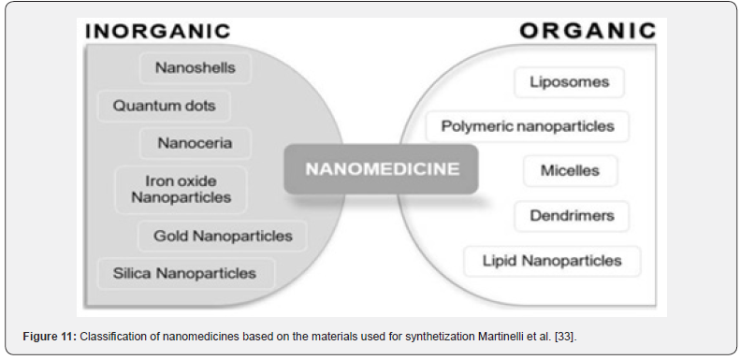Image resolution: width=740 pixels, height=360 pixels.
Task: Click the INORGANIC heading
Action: pos(157,31)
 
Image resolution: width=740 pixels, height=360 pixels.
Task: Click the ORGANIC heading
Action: pos(588,31)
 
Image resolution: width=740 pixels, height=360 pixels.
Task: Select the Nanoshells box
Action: pos(196,68)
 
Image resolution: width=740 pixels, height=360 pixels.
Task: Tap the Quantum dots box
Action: pos(164,106)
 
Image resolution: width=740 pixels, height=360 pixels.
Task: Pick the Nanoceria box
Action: pos(196,143)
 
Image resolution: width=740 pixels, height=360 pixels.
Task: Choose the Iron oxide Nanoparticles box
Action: pos(181,189)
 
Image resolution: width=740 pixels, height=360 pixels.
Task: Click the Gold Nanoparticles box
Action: pos(223,236)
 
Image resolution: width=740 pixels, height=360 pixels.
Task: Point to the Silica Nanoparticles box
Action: pos(185,273)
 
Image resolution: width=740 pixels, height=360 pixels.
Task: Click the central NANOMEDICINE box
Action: pos(382,169)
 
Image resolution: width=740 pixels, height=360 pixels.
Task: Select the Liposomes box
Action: pos(569,82)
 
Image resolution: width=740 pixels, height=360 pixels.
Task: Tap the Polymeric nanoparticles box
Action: pos(528,126)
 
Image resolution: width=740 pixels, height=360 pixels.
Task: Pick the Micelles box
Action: pos(570,171)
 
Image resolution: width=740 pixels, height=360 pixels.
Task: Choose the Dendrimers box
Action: pos(572,216)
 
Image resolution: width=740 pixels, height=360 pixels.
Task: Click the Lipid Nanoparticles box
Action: pos(552,261)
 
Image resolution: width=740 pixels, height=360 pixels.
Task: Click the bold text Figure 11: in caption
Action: pos(50,337)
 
